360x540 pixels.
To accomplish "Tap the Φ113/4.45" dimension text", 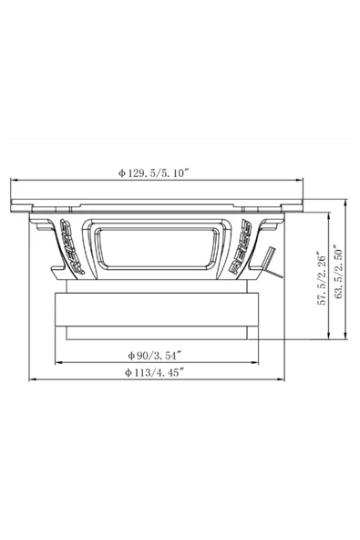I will [x=154, y=371].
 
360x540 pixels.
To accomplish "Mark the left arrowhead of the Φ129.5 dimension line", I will [x=12, y=179].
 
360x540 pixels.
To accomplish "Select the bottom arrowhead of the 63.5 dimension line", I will [x=346, y=341].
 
